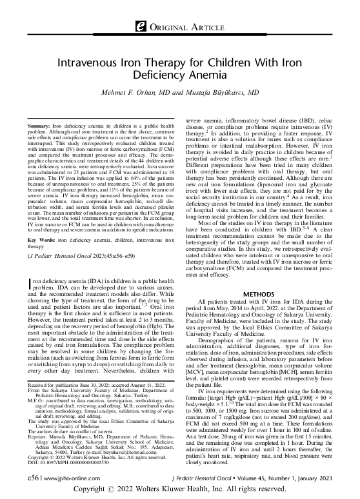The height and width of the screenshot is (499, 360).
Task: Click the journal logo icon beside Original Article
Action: click(x=138, y=26)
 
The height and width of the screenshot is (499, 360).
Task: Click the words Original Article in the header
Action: click(x=185, y=26)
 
